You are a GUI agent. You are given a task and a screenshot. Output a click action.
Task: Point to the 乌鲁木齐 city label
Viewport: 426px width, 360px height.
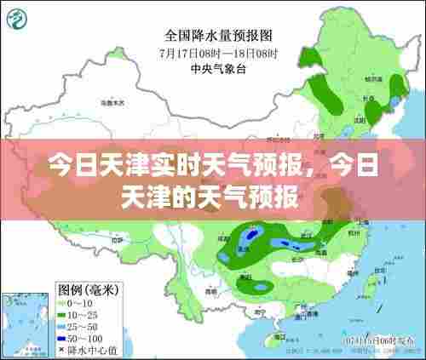pyautogui.click(x=112, y=102)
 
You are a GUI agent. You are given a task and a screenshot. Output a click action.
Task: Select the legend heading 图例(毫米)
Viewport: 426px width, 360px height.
pyautogui.click(x=87, y=289)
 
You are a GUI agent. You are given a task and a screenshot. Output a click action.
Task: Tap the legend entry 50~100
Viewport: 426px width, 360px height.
pyautogui.click(x=83, y=338)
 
